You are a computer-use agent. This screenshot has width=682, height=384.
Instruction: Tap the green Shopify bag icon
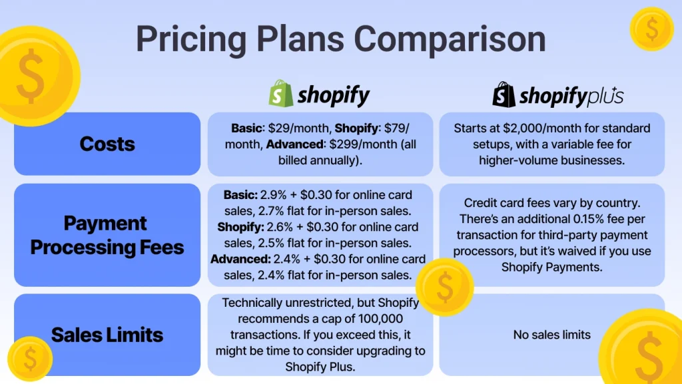pyautogui.click(x=280, y=95)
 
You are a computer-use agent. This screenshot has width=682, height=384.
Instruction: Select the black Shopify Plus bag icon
pyautogui.click(x=504, y=95)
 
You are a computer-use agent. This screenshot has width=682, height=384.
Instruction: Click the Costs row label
pyautogui.click(x=107, y=144)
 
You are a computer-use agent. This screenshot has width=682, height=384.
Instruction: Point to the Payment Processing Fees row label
pyautogui.click(x=107, y=235)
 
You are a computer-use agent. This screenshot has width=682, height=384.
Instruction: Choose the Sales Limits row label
pyautogui.click(x=107, y=334)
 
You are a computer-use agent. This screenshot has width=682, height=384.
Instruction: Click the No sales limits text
pyautogui.click(x=551, y=335)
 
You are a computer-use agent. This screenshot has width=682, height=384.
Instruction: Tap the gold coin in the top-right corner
pyautogui.click(x=651, y=29)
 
